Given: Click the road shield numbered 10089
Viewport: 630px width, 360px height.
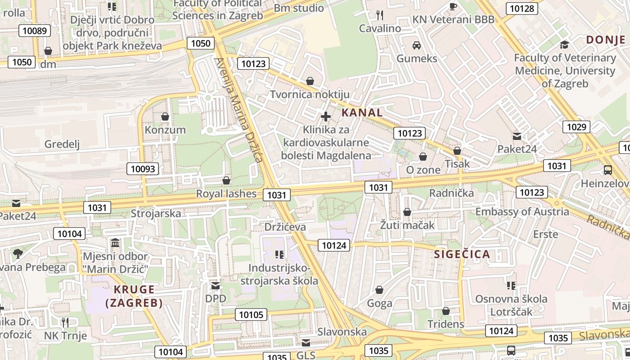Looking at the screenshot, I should pos(34,31).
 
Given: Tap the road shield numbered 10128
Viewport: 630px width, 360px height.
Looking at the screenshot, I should pos(522,9).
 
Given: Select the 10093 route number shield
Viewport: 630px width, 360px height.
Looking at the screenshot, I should pos(143,169).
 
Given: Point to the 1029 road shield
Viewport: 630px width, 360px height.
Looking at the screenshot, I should pos(576,127).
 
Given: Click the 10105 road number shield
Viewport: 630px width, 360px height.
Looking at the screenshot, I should pos(251,315).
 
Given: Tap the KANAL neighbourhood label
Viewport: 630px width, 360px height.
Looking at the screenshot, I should pos(362,112).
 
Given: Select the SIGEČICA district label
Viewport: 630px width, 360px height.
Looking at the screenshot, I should pos(462,254).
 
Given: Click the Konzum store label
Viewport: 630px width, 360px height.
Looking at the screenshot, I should pos(165,130).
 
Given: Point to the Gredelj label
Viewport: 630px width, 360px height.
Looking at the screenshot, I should pos(62,144).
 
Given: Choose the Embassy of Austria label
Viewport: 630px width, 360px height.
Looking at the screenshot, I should pos(522,211).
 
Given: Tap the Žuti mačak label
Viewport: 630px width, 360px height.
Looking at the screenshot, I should pos(407,225).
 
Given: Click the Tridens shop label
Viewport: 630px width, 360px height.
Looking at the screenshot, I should pos(445,324).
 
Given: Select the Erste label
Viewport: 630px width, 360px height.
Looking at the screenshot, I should pos(545,234).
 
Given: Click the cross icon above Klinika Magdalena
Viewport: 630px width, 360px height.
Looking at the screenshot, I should pos(326,117).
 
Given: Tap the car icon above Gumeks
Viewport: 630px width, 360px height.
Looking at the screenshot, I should pos(417,45).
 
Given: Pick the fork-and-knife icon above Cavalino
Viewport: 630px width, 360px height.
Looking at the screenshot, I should pos(380,15).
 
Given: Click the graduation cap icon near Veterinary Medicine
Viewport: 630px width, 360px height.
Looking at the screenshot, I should pos(564,45).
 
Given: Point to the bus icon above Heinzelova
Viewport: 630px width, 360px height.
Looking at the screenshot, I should pos(607,170).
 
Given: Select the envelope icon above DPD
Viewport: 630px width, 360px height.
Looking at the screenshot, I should pos(216,286).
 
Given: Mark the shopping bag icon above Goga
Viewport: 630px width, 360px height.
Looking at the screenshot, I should pos(379,290).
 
